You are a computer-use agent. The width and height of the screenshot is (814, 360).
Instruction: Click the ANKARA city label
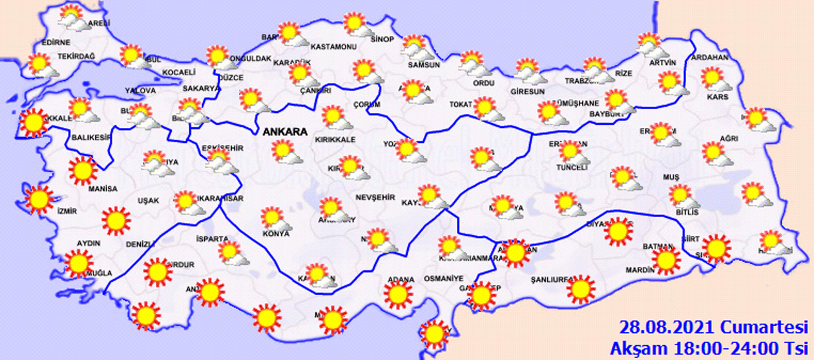[284, 132]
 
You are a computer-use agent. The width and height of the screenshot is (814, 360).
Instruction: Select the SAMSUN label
[424, 65]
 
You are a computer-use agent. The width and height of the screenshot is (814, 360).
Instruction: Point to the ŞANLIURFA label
[548, 280]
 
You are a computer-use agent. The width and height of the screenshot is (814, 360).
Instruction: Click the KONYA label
[275, 233]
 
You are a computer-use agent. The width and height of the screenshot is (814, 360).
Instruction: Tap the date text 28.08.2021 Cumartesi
[713, 326]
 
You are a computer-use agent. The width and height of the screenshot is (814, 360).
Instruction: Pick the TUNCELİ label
[572, 167]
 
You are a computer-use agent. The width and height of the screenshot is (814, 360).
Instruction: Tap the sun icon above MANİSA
[82, 171]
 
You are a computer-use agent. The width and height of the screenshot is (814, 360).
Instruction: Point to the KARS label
[718, 97]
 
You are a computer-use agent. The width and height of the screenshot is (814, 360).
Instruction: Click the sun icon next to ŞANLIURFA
[581, 289]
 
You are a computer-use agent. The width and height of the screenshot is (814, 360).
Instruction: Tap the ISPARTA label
[212, 238]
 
